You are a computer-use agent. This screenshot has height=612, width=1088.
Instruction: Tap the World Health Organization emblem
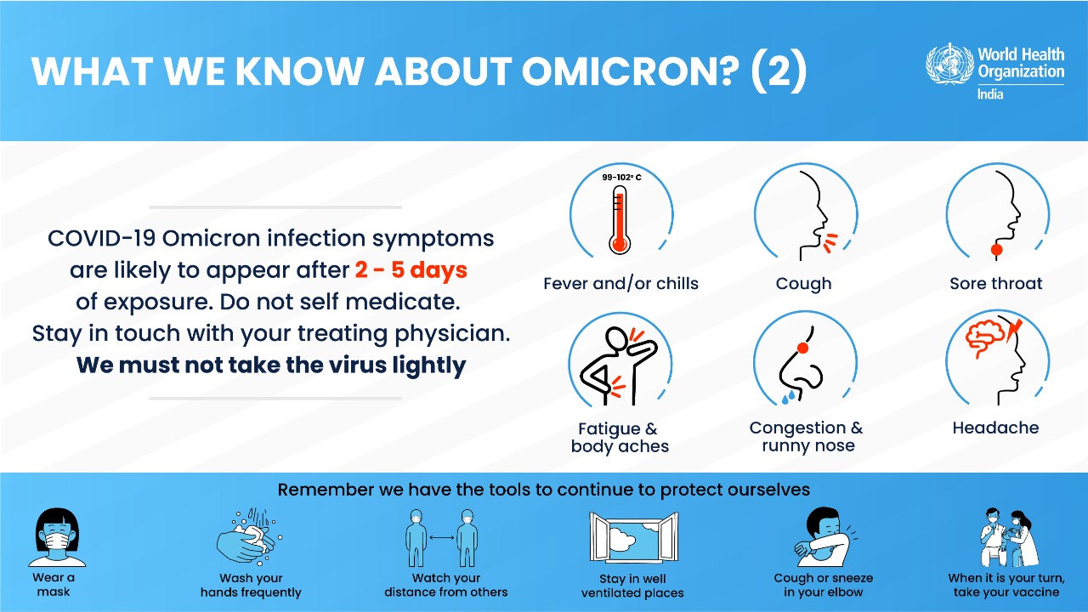(x=949, y=64)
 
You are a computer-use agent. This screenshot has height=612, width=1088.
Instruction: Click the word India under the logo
(x=990, y=94)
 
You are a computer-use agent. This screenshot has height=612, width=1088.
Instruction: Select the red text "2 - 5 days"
(x=411, y=270)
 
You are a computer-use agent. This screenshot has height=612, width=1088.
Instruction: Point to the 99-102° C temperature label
(x=621, y=178)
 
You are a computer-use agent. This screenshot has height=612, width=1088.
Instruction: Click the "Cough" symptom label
(x=803, y=284)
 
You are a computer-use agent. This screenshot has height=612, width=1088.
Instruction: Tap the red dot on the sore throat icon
(x=997, y=250)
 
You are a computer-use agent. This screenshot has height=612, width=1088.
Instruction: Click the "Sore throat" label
(x=995, y=283)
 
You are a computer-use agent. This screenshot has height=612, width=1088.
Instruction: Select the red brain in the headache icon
(x=985, y=338)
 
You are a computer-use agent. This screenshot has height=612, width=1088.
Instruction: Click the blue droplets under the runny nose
(x=788, y=397)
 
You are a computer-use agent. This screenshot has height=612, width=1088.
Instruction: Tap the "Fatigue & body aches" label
(x=620, y=437)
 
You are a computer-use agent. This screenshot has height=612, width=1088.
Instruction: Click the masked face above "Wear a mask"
(x=57, y=537)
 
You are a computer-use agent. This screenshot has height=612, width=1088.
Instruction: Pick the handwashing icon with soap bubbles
(x=250, y=537)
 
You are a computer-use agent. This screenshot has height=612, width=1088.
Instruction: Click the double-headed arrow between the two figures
(x=441, y=537)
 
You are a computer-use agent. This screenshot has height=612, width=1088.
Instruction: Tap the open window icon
(x=633, y=537)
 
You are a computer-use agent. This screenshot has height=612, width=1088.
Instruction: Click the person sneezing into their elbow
(x=824, y=536)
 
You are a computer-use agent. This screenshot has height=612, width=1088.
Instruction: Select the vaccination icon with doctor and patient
(x=1008, y=537)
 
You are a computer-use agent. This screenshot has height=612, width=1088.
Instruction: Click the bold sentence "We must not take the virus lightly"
(x=271, y=365)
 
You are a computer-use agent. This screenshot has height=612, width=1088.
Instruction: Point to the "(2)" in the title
(x=779, y=72)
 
